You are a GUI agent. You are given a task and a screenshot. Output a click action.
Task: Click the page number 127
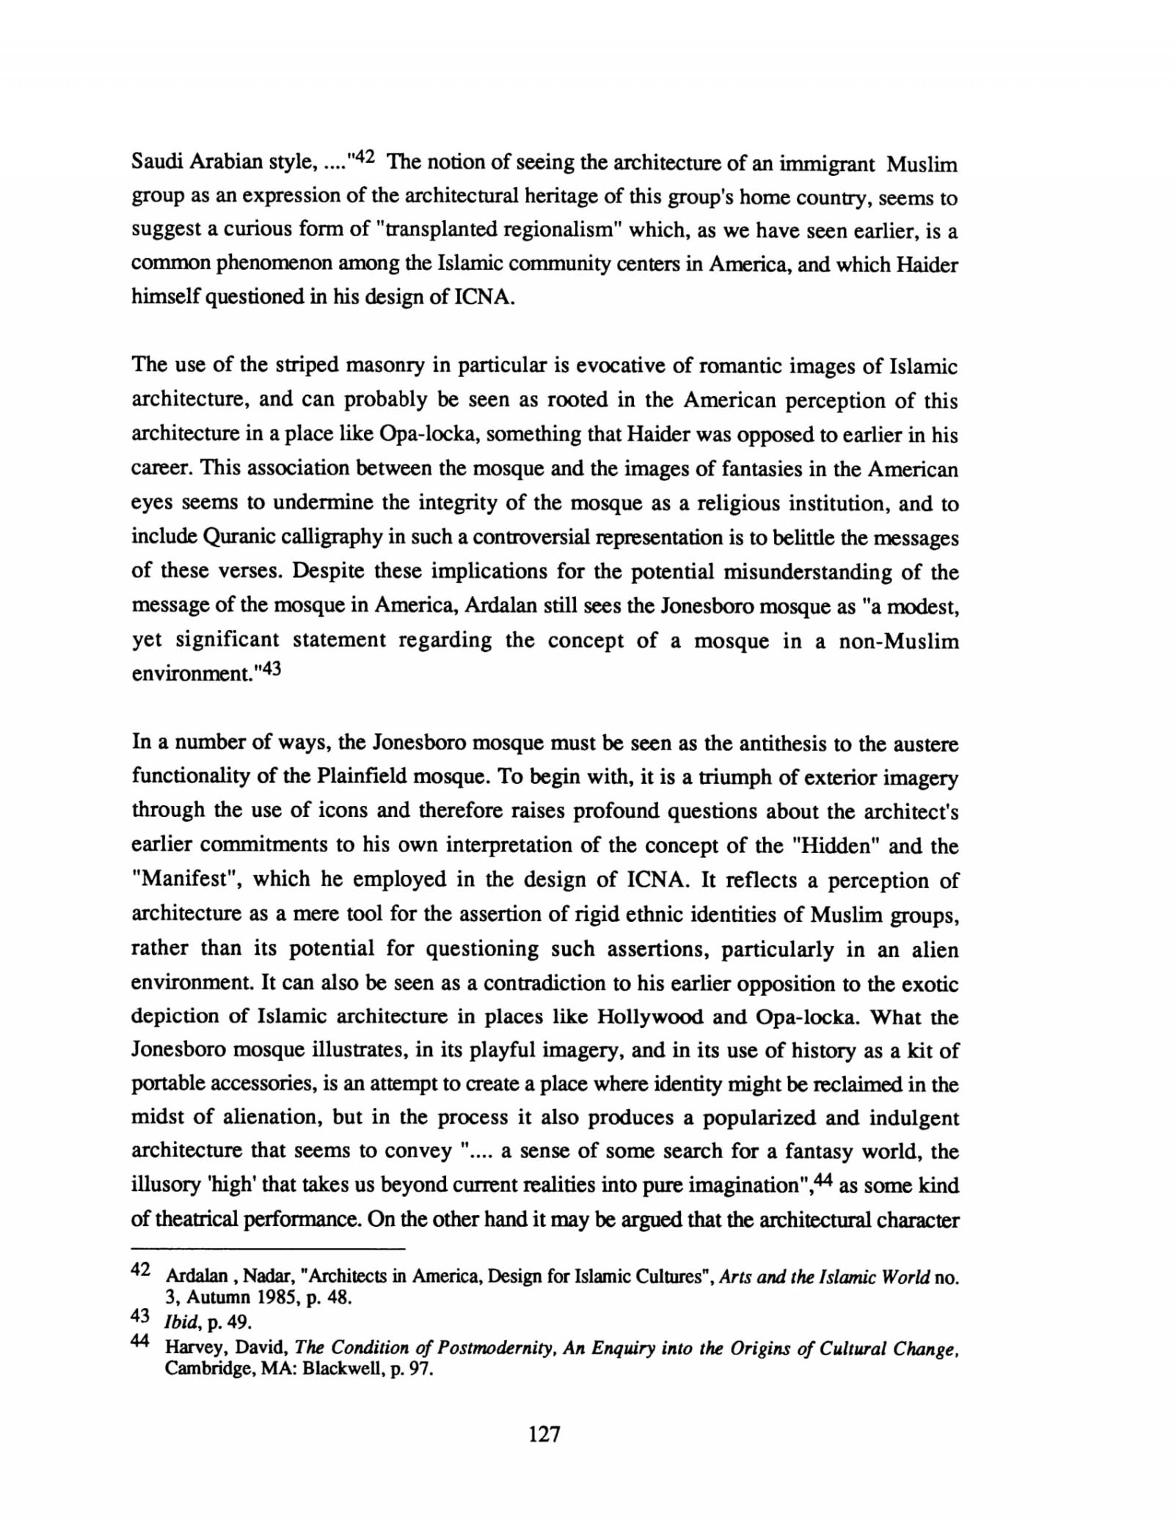coord(544,1454)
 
